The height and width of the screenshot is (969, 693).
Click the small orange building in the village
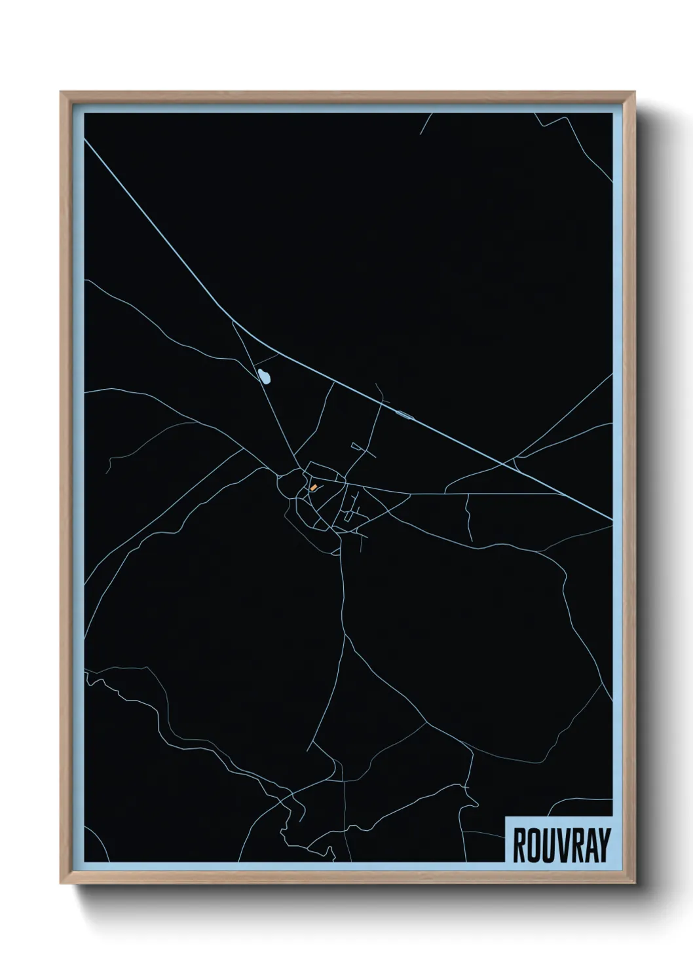pos(314,487)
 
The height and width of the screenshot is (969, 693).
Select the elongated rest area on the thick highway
pos(403,413)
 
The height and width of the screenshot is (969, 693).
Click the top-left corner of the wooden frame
pos(61,92)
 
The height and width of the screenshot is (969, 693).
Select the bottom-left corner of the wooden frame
pos(61,886)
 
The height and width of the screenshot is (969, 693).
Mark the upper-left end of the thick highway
pos(86,139)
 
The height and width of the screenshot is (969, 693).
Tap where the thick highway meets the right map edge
pos(612,521)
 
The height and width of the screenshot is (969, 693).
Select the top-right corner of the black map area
pos(612,113)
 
